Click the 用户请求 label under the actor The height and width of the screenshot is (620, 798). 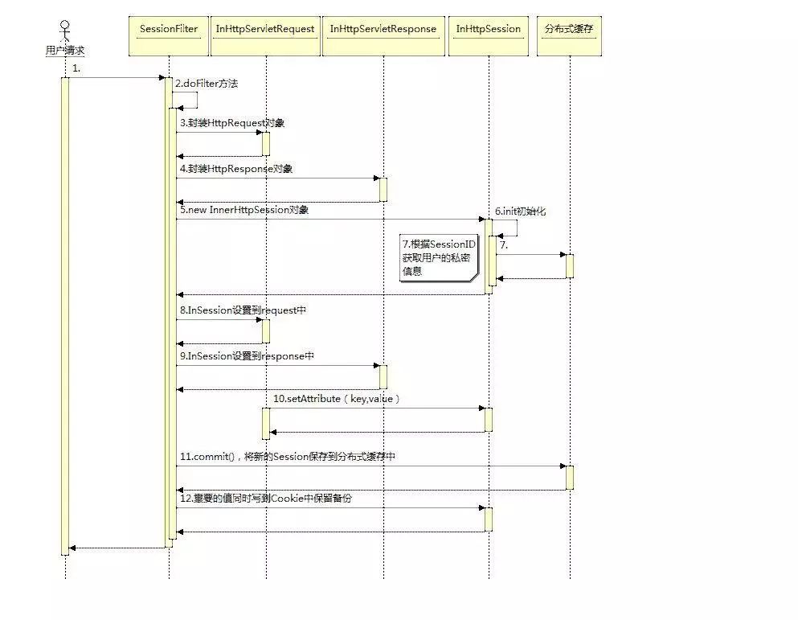point(65,51)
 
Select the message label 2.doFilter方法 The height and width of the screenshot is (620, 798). point(207,84)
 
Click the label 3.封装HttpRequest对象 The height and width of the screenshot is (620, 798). point(232,123)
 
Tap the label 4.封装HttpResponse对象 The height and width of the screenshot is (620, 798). point(236,169)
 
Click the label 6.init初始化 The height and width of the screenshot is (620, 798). point(520,211)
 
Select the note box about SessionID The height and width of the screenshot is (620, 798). point(436,257)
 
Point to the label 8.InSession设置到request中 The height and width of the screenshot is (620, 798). point(243,310)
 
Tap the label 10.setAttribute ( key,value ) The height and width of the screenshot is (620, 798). point(337,399)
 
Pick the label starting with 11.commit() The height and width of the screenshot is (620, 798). point(288,457)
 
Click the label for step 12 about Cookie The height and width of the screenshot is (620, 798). point(266,499)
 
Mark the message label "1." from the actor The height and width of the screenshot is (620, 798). point(76,68)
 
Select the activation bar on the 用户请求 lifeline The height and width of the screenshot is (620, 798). point(65,314)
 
